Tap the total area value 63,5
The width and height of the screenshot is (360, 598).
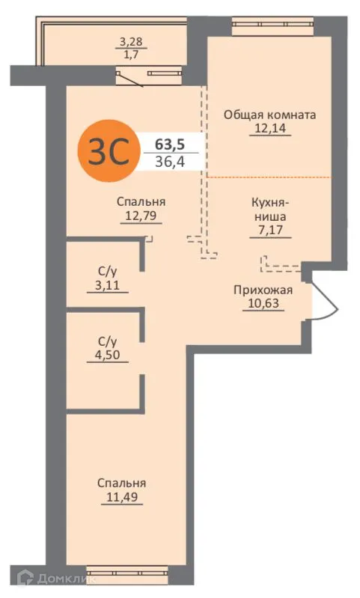(169, 144)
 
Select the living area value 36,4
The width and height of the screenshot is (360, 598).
(169, 162)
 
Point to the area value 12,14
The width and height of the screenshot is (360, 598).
(269, 129)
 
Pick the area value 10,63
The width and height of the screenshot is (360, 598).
(263, 303)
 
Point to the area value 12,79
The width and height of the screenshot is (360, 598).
(141, 216)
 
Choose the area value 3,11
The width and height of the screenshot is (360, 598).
(107, 285)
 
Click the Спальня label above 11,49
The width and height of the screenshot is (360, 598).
(121, 482)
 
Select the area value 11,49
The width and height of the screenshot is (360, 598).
(121, 495)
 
